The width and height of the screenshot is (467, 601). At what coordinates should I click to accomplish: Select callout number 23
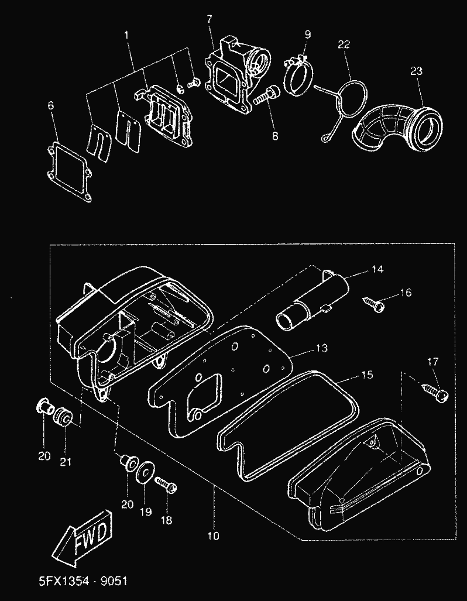point(416,71)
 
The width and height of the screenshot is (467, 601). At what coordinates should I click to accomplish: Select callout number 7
point(208,20)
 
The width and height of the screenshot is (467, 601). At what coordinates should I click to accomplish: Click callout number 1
point(126,36)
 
